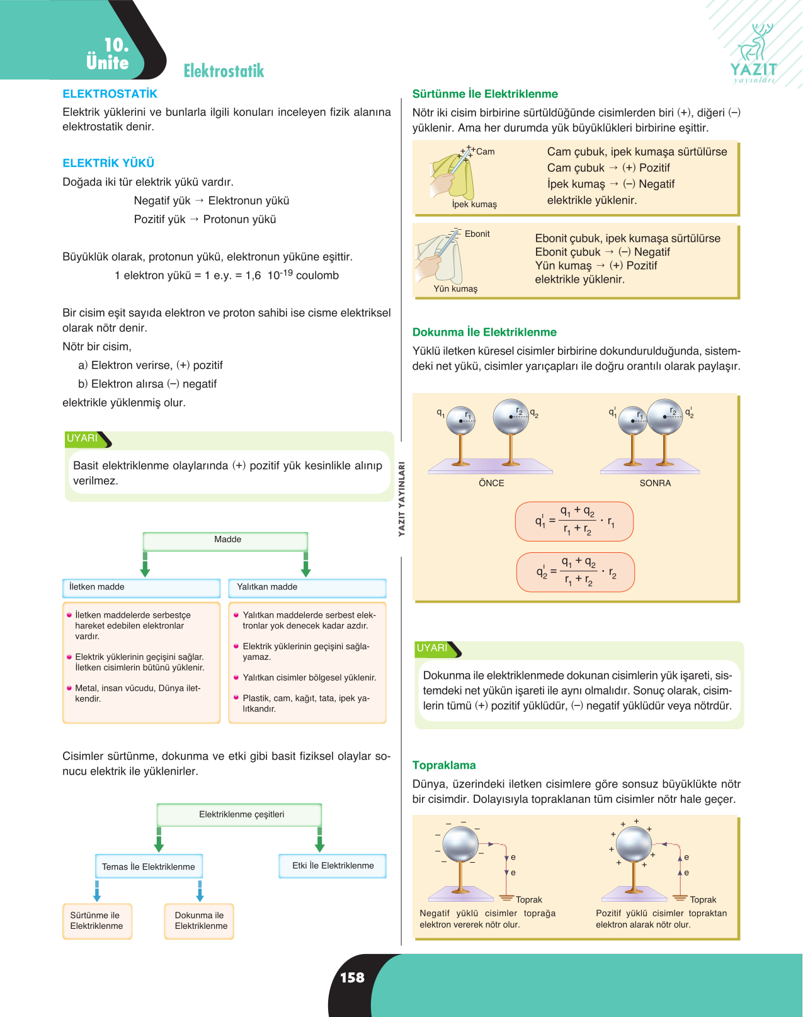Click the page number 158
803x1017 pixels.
pos(352,977)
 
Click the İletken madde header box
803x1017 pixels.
pos(141,588)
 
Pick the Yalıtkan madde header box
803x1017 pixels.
pos(307,588)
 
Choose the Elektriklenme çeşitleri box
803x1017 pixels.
pos(239,815)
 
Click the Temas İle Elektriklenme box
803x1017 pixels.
pos(149,866)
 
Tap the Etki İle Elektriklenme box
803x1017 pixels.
pos(333,866)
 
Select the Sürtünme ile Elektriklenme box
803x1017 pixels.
pos(97,921)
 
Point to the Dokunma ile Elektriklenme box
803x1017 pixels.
pos(199,921)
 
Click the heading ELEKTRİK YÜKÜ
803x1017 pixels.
pos(108,163)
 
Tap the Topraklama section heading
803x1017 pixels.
pos(444,765)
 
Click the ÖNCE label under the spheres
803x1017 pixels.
pos(491,483)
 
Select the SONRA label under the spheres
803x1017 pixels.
pos(655,483)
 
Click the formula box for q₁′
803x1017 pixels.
pos(574,521)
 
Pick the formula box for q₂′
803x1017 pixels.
pos(575,572)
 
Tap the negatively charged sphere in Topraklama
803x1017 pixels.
pos(460,844)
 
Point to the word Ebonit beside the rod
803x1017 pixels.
pos(477,234)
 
